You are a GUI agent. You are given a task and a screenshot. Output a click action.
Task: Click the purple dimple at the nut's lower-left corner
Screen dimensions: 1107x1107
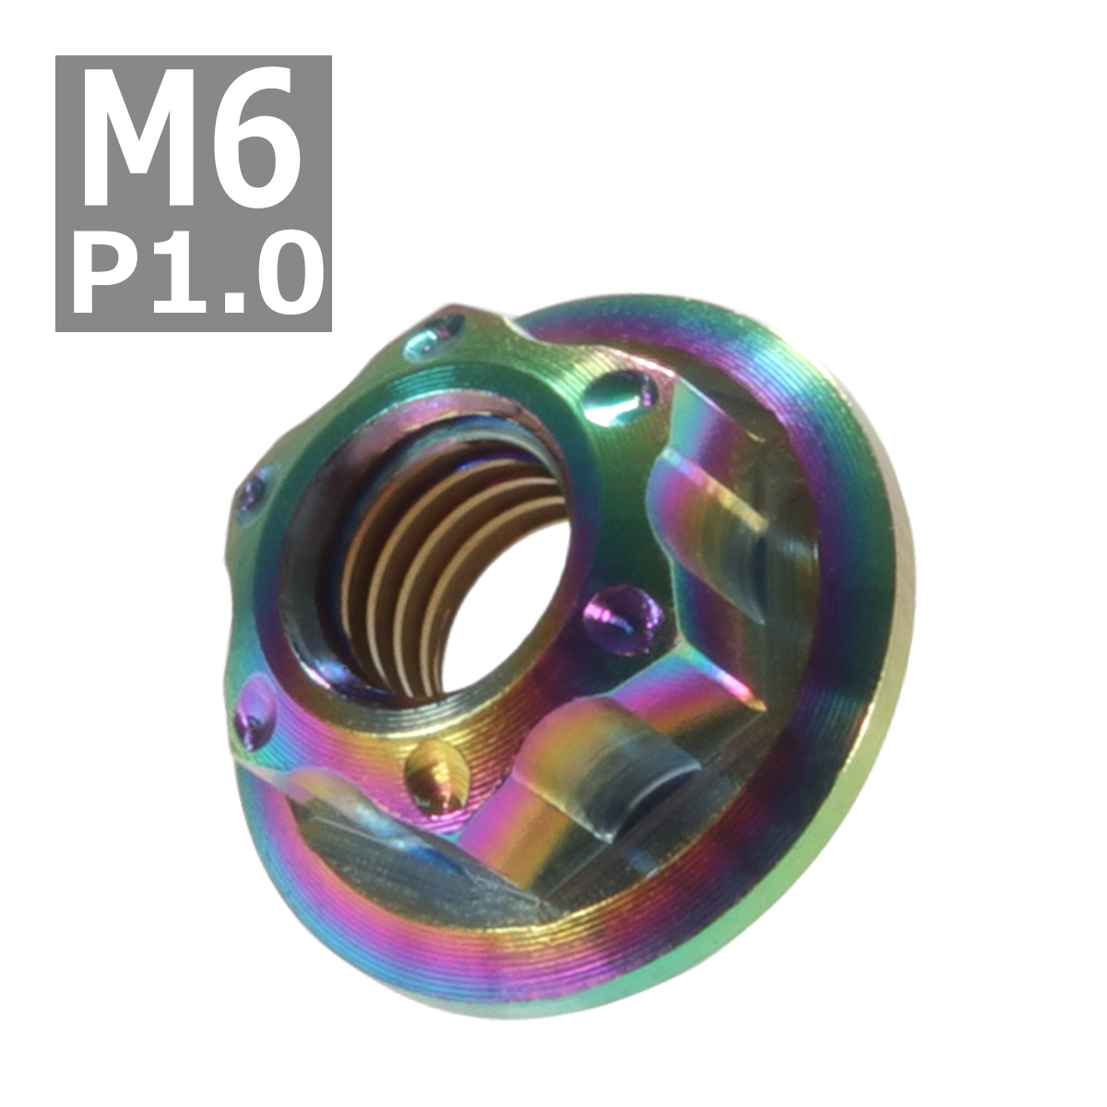pos(256,710)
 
